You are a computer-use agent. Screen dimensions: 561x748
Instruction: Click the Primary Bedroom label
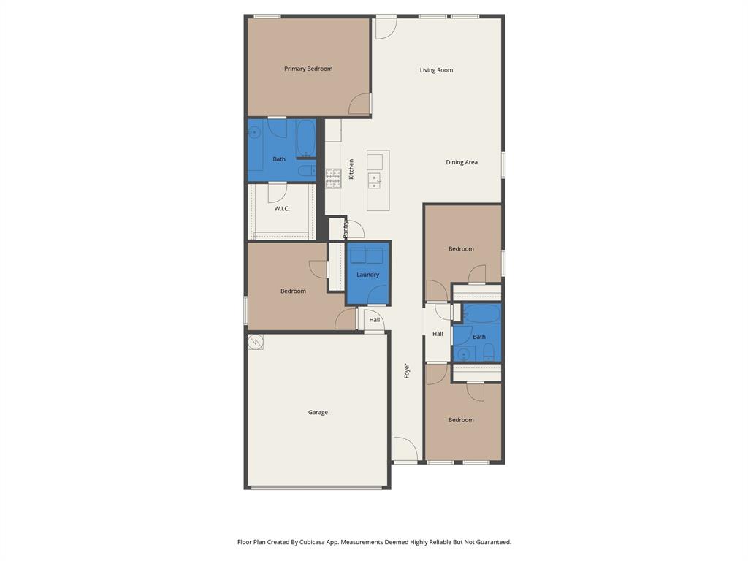[x=308, y=69]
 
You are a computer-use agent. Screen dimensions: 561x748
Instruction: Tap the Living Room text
[x=436, y=70]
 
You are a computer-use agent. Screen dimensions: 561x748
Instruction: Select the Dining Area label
[x=462, y=162]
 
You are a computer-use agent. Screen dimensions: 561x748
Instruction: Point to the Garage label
[x=318, y=412]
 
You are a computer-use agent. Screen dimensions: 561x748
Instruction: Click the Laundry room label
[x=367, y=275]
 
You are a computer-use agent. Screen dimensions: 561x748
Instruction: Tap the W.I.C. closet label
[x=282, y=209]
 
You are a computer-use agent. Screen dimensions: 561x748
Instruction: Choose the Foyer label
[x=407, y=370]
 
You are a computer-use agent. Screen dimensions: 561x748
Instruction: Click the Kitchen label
[x=351, y=169]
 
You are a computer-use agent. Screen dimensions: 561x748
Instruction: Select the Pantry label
[x=346, y=229]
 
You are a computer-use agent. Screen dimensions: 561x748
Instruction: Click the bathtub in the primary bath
[x=306, y=137]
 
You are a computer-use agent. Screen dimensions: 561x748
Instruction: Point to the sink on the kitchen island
[x=374, y=180]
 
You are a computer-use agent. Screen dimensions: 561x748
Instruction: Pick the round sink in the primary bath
[x=254, y=132]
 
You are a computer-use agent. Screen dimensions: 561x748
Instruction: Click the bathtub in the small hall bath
[x=483, y=314]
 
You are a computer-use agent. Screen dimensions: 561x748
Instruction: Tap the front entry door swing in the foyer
[x=405, y=449]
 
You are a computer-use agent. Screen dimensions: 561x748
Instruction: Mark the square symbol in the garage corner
[x=256, y=342]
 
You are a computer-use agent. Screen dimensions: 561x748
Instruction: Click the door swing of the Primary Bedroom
[x=360, y=104]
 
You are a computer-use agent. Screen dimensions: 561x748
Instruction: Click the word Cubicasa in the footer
[x=313, y=542]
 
